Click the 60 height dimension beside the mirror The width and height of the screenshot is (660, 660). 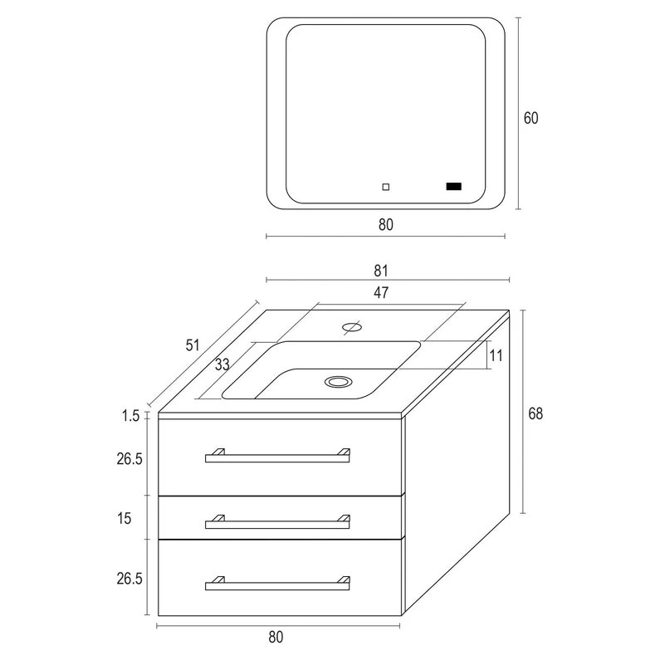tap(530, 118)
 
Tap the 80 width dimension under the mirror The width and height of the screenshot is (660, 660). tap(384, 224)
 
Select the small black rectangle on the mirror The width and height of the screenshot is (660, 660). tap(453, 187)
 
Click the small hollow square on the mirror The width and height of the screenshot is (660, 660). tap(385, 187)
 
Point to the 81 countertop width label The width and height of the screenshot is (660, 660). tap(381, 270)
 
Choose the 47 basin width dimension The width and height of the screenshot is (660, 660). tap(381, 292)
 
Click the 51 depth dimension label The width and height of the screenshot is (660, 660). tap(193, 345)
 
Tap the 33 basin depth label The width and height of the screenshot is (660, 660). tap(222, 364)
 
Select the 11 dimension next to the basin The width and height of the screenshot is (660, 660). tap(496, 354)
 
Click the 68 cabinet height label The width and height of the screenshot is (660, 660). tap(535, 413)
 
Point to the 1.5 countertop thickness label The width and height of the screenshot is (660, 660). tap(130, 416)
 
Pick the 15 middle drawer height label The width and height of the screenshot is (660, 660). tap(125, 518)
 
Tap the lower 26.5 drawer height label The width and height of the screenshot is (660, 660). tap(125, 579)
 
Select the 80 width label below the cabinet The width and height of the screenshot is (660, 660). tap(276, 638)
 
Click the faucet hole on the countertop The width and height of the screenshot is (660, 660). tap(351, 326)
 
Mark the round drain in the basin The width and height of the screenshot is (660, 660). tap(337, 381)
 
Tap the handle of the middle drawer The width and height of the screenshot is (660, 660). tap(277, 522)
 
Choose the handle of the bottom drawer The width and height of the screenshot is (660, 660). tap(277, 584)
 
